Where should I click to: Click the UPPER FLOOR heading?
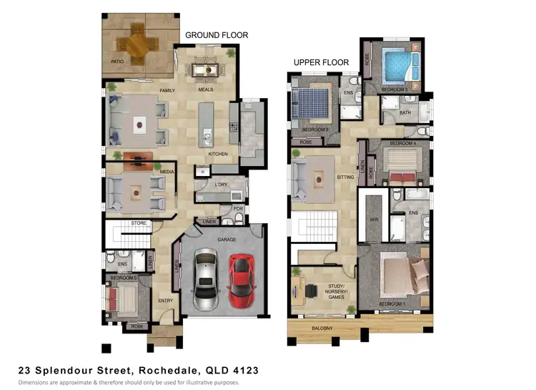321,63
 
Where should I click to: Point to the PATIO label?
118,62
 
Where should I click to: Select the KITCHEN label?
217,154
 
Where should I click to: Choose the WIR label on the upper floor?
372,219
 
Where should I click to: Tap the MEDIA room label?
168,172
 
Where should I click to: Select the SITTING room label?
345,176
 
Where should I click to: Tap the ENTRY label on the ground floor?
166,300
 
